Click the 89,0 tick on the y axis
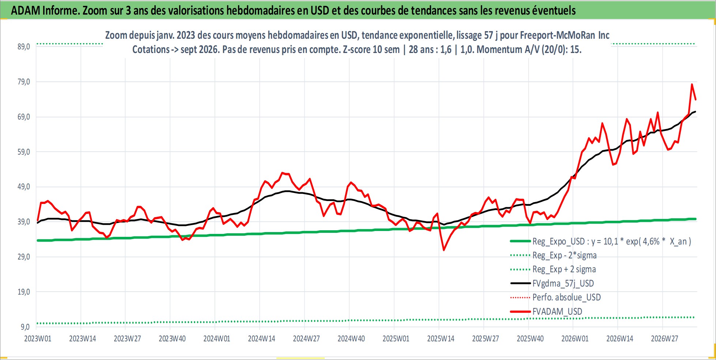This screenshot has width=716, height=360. coord(24,47)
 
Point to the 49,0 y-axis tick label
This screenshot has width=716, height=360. coord(24,187)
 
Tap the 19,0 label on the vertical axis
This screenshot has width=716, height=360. coord(24,292)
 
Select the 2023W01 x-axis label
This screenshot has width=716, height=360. coord(38,338)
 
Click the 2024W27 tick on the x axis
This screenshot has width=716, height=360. coord(306,338)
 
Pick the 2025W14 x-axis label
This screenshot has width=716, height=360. coord(441,338)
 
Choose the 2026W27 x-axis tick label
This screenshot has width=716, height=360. coord(664,338)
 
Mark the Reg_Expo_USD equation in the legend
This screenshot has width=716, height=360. coord(612,241)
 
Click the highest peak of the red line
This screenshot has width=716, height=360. coord(692,84)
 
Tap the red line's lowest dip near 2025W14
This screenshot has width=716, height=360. coord(444,250)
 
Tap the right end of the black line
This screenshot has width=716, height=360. coord(695,111)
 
